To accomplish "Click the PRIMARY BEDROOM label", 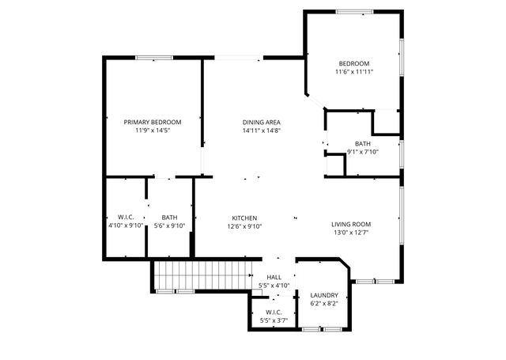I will (x=153, y=122).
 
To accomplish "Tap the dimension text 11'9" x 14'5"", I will (x=153, y=130).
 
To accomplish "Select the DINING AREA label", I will (x=262, y=122).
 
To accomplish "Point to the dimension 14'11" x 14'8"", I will (x=262, y=130).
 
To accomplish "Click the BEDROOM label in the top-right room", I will (x=354, y=63).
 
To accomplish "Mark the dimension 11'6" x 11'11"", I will (x=354, y=71).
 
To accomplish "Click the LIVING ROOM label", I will (x=350, y=225).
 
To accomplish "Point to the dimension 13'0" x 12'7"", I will (x=350, y=233).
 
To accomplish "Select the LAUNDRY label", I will (x=324, y=295).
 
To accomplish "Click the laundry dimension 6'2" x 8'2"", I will (x=324, y=303).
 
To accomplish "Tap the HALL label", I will (x=274, y=277).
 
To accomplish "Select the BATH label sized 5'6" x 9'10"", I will (x=169, y=218).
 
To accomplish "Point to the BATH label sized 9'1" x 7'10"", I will (x=363, y=143).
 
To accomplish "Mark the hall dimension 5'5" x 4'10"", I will (x=274, y=285).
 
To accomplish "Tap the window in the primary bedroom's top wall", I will (x=154, y=57).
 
